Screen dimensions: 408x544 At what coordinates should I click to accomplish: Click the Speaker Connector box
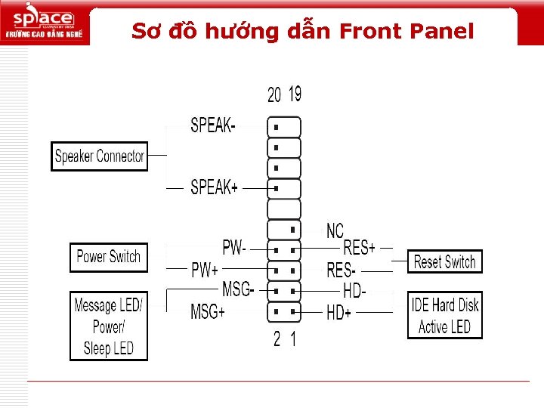(x=100, y=156)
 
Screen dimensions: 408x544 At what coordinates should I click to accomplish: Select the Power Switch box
(x=109, y=257)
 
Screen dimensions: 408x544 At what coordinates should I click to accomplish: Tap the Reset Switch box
(x=444, y=262)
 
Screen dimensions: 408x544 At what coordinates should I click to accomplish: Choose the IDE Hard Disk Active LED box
(x=445, y=316)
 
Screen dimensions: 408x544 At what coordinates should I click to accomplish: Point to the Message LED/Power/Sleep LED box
(x=109, y=326)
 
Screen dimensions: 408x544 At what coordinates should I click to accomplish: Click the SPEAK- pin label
(x=212, y=125)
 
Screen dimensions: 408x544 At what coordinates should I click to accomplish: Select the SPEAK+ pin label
(x=214, y=187)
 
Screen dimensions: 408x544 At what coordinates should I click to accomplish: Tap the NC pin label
(x=335, y=230)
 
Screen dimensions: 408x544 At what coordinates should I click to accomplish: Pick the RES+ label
(x=360, y=247)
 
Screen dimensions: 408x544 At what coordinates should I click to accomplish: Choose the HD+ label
(x=339, y=311)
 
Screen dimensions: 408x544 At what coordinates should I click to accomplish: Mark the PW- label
(x=233, y=247)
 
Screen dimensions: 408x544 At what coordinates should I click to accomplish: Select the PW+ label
(x=205, y=270)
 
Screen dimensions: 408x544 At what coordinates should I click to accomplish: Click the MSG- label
(x=238, y=289)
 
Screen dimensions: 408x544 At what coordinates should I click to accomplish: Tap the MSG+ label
(x=207, y=311)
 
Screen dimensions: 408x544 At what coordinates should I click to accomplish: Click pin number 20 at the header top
(x=274, y=94)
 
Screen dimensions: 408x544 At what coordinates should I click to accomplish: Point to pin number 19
(x=295, y=94)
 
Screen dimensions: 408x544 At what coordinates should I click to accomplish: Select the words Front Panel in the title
(x=406, y=31)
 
